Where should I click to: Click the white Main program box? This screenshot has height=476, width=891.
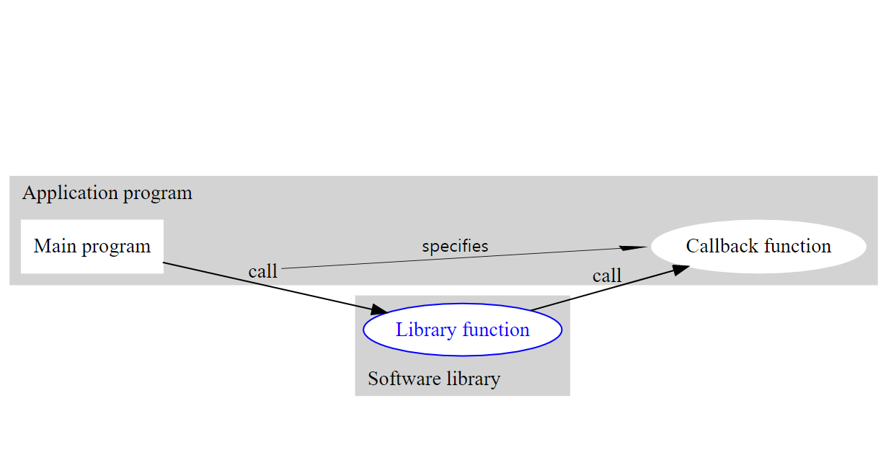(x=92, y=247)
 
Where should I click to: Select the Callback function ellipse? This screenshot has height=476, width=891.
(x=758, y=247)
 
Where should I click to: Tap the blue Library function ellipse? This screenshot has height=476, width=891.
(x=462, y=330)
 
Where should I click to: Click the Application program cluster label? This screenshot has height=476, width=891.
(x=107, y=193)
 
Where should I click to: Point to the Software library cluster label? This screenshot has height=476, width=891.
(x=434, y=379)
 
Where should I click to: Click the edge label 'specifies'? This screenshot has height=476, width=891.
(x=455, y=246)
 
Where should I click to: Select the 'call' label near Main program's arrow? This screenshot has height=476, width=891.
(x=262, y=272)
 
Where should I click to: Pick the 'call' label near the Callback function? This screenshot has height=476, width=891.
(x=606, y=276)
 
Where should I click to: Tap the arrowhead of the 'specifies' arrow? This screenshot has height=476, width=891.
(x=634, y=247)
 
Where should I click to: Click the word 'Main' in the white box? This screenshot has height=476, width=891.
(x=54, y=247)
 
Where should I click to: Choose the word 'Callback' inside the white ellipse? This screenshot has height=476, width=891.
(x=719, y=247)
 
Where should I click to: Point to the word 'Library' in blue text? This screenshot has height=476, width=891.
(x=426, y=330)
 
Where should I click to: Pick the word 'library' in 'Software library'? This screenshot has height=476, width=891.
(x=472, y=379)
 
